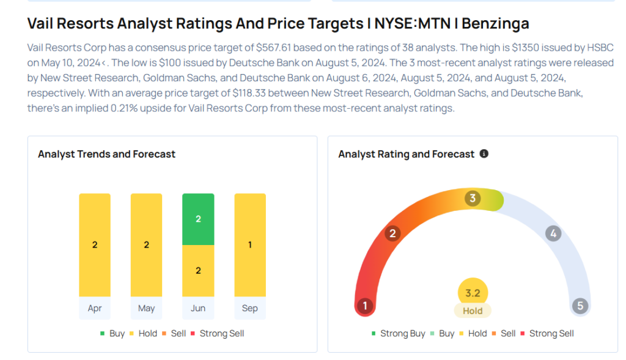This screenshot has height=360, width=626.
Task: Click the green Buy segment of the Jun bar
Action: point(198,219)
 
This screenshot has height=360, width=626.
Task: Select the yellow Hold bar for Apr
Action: point(95,244)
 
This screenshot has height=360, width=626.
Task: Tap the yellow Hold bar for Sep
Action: point(250,244)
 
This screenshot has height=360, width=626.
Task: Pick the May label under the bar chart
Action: point(146,308)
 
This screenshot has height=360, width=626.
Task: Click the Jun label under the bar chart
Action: point(198,308)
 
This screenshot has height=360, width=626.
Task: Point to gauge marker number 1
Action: point(365,306)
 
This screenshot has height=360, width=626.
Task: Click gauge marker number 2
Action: point(392,233)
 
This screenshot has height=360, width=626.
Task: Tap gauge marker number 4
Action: point(553,233)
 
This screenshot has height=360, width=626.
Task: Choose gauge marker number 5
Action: point(580,306)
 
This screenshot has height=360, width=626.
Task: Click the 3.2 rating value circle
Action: point(473,293)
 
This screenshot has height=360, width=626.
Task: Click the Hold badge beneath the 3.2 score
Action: point(473,310)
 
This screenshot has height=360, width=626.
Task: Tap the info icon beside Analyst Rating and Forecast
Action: point(484,154)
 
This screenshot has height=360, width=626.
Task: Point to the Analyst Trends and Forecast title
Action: point(106,154)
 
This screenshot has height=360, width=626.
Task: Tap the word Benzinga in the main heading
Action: point(495,24)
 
